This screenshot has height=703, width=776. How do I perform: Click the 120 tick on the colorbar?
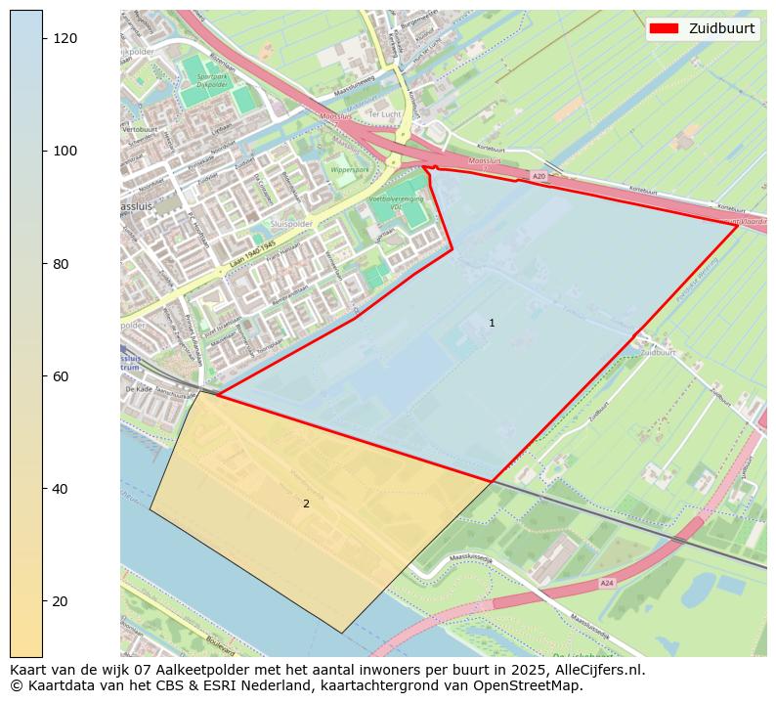(65, 37)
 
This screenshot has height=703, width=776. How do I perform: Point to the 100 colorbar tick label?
(65, 151)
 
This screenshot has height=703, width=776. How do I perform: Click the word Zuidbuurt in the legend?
(721, 28)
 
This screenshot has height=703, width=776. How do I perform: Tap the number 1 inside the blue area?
(492, 323)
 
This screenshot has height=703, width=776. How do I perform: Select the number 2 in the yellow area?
(306, 504)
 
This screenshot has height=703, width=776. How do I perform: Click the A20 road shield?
(539, 176)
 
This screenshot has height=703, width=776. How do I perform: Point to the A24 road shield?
(606, 583)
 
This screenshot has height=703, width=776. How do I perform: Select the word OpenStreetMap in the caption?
(537, 685)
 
